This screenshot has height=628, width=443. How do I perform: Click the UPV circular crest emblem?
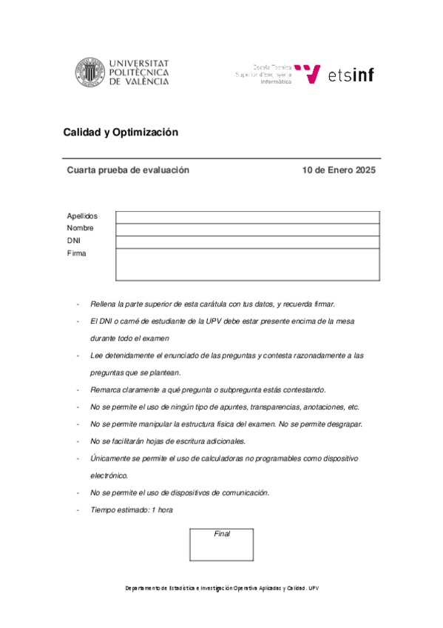click(x=89, y=73)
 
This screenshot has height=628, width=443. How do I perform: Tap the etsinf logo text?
click(x=351, y=74)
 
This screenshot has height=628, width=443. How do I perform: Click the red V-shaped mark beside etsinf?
click(x=312, y=73)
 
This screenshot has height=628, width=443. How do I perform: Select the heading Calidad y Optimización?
click(x=121, y=133)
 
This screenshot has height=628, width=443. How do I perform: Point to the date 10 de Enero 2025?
click(x=339, y=170)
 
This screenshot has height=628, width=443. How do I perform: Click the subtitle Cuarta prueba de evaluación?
click(x=128, y=170)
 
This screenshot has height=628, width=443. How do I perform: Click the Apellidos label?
click(x=81, y=216)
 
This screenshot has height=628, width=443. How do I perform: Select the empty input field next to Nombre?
click(x=248, y=229)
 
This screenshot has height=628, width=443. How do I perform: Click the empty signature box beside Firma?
click(x=248, y=264)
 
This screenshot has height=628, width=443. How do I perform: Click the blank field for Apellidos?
click(x=248, y=217)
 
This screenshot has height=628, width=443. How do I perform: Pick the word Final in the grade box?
click(x=222, y=534)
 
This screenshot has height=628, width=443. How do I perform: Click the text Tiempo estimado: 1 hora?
click(x=132, y=510)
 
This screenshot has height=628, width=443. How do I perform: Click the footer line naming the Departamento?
click(x=221, y=588)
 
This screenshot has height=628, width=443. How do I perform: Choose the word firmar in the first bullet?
click(x=322, y=304)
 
